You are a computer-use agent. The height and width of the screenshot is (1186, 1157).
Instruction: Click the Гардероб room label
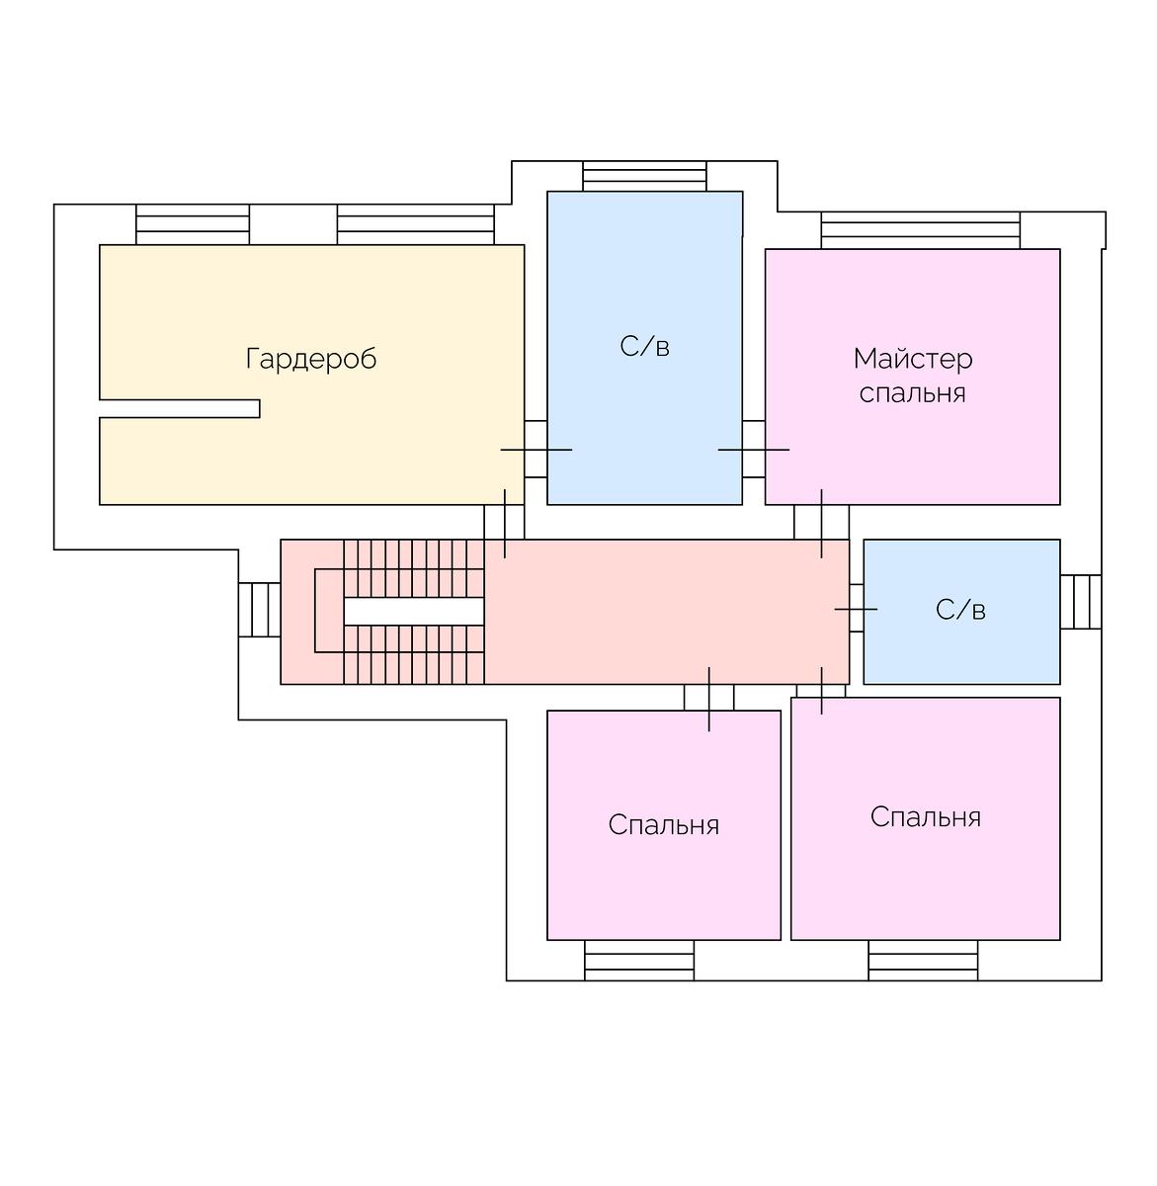(311, 358)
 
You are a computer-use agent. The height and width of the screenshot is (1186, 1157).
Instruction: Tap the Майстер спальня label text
(912, 376)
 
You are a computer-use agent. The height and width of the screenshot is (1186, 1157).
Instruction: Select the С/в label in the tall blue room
(644, 347)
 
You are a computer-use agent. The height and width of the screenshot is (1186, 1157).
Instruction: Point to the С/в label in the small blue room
(960, 610)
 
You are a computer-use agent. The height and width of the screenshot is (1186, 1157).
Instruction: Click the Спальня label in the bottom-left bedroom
(663, 825)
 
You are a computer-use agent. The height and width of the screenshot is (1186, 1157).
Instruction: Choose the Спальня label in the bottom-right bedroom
(925, 817)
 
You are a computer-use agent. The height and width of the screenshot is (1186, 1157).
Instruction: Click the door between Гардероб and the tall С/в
(536, 450)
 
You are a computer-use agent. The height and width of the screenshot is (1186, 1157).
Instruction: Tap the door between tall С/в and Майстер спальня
(754, 450)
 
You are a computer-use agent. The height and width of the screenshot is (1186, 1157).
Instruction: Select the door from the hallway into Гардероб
(504, 522)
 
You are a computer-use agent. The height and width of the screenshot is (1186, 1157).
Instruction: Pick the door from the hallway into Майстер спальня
(821, 522)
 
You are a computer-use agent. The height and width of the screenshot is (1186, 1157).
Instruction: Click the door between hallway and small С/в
(856, 610)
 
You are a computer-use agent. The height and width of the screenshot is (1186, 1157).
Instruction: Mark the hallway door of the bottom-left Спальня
(708, 697)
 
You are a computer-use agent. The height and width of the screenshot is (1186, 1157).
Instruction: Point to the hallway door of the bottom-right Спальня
(821, 690)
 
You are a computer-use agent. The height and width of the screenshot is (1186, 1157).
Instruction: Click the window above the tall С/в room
(644, 176)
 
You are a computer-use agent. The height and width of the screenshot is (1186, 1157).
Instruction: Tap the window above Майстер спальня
(920, 230)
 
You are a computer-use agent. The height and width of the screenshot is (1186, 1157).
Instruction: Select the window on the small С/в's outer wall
(1080, 601)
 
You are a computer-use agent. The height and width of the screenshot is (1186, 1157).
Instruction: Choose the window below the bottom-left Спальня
(639, 960)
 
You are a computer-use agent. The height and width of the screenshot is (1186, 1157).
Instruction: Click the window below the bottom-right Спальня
(923, 960)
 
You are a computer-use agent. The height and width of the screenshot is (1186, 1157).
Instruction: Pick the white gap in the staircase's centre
(413, 612)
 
